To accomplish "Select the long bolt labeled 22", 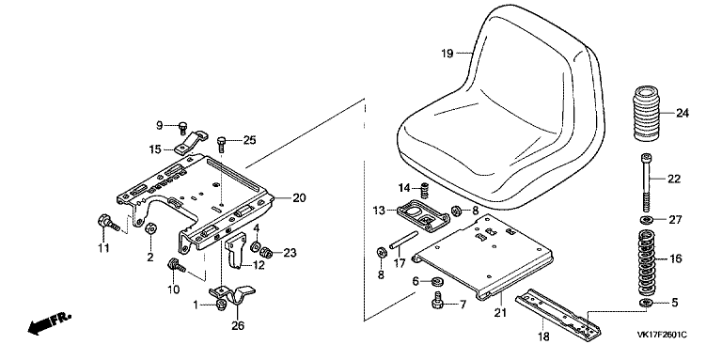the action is pyautogui.click(x=647, y=182).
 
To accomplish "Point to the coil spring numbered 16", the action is pyautogui.click(x=647, y=262).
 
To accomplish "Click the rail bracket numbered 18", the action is pyautogui.click(x=558, y=315).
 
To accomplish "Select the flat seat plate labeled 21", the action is pyautogui.click(x=482, y=257).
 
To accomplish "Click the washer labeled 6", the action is pyautogui.click(x=435, y=280).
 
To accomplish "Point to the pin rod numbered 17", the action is pyautogui.click(x=403, y=241).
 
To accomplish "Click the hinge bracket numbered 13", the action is pyautogui.click(x=424, y=215).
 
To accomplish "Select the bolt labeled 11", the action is pyautogui.click(x=109, y=224).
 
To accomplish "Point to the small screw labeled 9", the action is pyautogui.click(x=183, y=128).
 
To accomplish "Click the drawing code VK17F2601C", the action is pyautogui.click(x=662, y=335).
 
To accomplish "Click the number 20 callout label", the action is pyautogui.click(x=299, y=198).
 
